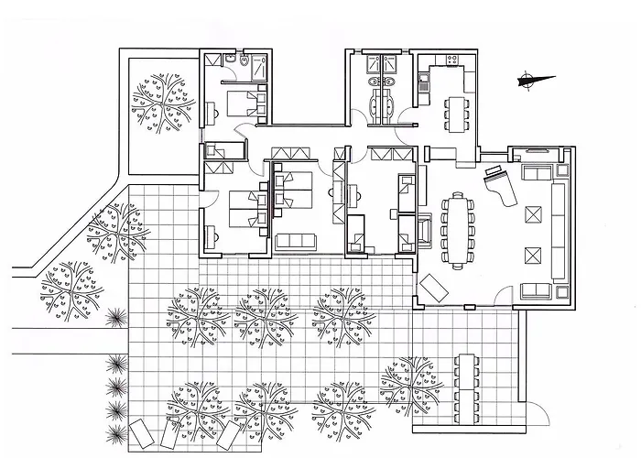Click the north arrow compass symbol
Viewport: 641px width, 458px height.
click(529, 81)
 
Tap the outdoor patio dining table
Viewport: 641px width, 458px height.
click(467, 386)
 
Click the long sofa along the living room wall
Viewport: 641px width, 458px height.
click(557, 229)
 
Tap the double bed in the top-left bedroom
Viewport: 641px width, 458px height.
click(240, 102)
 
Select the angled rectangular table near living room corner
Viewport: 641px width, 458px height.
click(433, 289)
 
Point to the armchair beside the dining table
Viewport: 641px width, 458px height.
click(425, 230)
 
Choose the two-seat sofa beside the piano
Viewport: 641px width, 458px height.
click(534, 172)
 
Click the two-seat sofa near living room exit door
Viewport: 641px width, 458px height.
click(534, 292)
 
